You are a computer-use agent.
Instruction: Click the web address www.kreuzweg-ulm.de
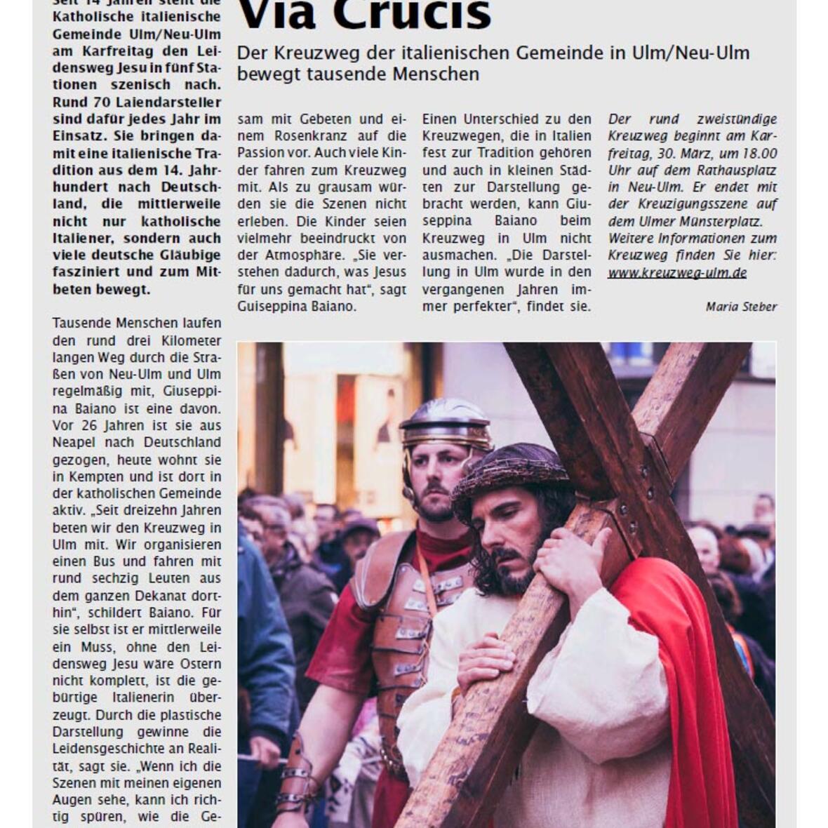[677, 273]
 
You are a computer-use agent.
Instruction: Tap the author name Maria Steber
[741, 307]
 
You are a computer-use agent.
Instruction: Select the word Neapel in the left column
[74, 443]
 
